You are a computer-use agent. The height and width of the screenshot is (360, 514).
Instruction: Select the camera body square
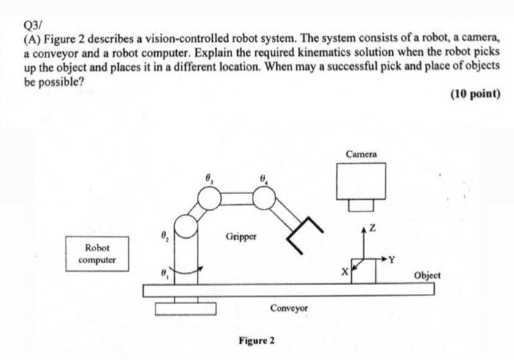tap(361, 181)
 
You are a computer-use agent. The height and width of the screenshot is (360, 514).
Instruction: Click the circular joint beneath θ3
tap(209, 198)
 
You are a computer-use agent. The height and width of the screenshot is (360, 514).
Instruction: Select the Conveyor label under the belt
tap(289, 309)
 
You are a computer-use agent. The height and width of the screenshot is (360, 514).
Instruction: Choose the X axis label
tap(344, 271)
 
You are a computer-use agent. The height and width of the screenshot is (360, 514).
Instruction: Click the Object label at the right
tap(427, 275)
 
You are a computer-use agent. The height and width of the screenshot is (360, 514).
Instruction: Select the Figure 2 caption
tap(257, 341)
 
